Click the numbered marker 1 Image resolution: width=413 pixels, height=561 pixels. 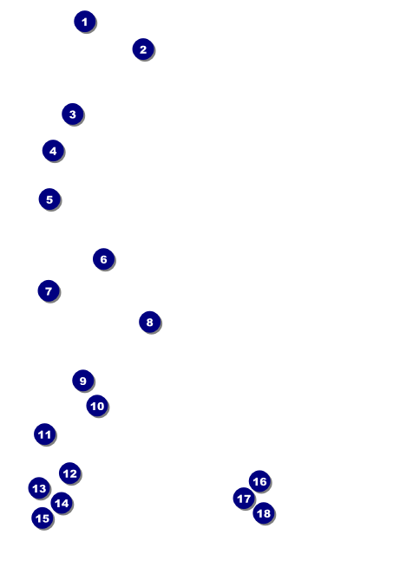85,22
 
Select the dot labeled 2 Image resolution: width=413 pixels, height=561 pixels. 143,49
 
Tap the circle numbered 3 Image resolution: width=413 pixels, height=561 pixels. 73,114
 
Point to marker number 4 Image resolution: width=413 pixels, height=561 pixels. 53,151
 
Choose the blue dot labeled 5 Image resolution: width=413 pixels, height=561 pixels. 49,199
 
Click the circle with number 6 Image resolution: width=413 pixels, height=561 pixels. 104,259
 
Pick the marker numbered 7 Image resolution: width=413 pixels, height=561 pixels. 49,290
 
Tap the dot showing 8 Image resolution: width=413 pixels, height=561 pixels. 150,322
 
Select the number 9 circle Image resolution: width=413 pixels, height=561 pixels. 83,381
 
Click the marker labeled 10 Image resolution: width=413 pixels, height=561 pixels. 97,406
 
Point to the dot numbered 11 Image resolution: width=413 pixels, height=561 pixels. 45,434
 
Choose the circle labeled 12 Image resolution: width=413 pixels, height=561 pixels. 69,473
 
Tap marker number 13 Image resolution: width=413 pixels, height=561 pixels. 39,488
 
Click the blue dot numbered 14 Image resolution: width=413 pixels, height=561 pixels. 62,503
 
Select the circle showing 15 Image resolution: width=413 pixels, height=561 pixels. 43,518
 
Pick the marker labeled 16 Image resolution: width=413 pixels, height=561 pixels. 259,481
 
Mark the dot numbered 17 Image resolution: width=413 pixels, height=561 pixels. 244,499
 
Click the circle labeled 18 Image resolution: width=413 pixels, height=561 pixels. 264,513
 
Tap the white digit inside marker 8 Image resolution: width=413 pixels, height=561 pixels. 150,322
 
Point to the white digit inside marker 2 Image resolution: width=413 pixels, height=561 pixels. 143,49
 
